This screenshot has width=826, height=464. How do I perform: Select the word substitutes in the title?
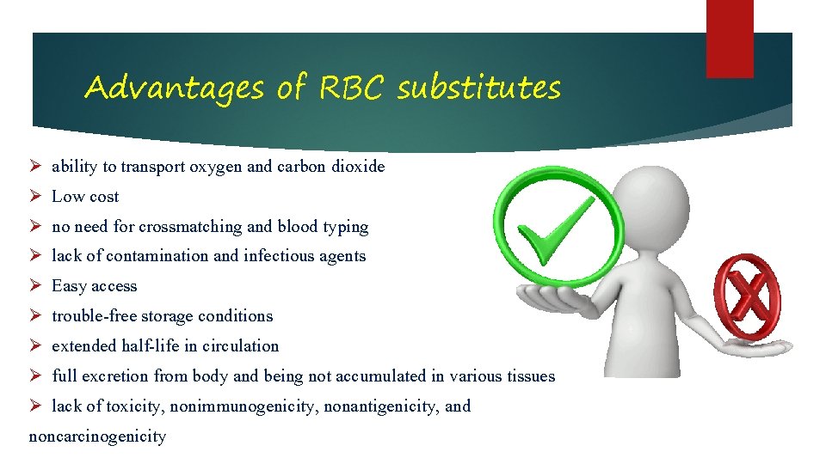478,88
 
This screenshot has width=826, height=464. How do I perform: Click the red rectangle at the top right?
730,39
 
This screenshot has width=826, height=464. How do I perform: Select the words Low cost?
85,197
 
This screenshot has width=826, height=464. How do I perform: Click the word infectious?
280,256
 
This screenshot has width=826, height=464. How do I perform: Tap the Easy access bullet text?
94,286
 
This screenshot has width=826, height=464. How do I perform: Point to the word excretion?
117,376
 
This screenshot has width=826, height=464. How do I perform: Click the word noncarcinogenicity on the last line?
97,437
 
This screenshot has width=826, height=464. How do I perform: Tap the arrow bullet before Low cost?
35,197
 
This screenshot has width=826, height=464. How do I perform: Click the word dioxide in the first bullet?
357,167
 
